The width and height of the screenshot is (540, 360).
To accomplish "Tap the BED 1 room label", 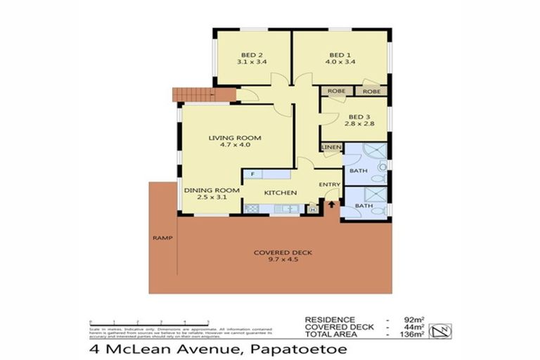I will pyautogui.click(x=340, y=55).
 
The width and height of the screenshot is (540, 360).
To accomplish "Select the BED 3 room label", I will pyautogui.click(x=358, y=117).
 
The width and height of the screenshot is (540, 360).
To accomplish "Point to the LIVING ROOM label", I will pyautogui.click(x=234, y=138).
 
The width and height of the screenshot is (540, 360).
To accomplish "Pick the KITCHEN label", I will pyautogui.click(x=280, y=193).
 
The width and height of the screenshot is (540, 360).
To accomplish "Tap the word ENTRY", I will pyautogui.click(x=329, y=185).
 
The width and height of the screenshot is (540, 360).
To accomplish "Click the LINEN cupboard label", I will pyautogui.click(x=331, y=147).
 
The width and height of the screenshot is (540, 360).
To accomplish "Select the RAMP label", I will pyautogui.click(x=161, y=238).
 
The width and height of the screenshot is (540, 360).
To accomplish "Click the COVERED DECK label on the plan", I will pyautogui.click(x=283, y=252).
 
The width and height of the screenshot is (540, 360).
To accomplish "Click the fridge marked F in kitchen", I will pyautogui.click(x=252, y=174).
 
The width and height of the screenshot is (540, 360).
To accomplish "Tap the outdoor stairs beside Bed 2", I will pyautogui.click(x=193, y=95).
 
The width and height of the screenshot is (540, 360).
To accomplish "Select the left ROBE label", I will pyautogui.click(x=335, y=91).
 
